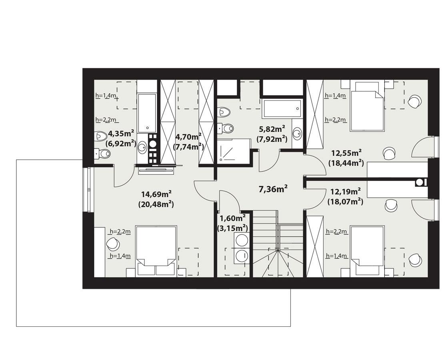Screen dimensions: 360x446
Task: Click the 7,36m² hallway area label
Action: [274, 189]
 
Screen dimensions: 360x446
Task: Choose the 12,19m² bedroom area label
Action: [345, 192]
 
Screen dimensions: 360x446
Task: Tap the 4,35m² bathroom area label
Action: [121, 133]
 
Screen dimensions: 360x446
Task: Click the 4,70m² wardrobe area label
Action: [188, 136]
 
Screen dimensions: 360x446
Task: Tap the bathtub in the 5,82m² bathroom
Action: [282, 108]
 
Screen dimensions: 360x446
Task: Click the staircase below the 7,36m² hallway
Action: [278, 244]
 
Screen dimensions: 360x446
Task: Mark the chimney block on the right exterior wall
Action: [420, 182]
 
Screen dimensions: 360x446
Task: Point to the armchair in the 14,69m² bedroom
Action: [113, 243]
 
